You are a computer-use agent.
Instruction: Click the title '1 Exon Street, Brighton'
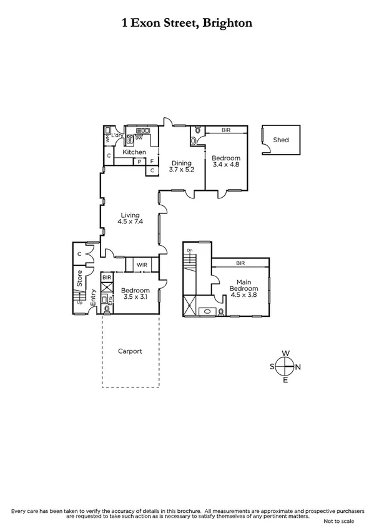click(x=187, y=23)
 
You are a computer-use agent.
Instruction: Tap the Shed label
click(x=281, y=140)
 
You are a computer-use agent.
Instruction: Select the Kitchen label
click(x=134, y=152)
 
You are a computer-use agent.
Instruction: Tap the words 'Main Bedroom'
click(x=243, y=285)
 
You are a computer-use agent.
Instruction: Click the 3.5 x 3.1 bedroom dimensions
click(x=135, y=298)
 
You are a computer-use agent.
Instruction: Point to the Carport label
click(x=130, y=351)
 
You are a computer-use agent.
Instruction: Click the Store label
click(x=79, y=279)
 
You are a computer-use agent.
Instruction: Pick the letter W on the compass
click(x=285, y=354)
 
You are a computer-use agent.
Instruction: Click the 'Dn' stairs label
click(x=190, y=251)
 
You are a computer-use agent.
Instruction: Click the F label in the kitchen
click(x=151, y=161)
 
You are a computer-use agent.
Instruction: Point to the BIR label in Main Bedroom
click(x=240, y=264)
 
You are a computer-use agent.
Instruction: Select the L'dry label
click(x=116, y=136)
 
